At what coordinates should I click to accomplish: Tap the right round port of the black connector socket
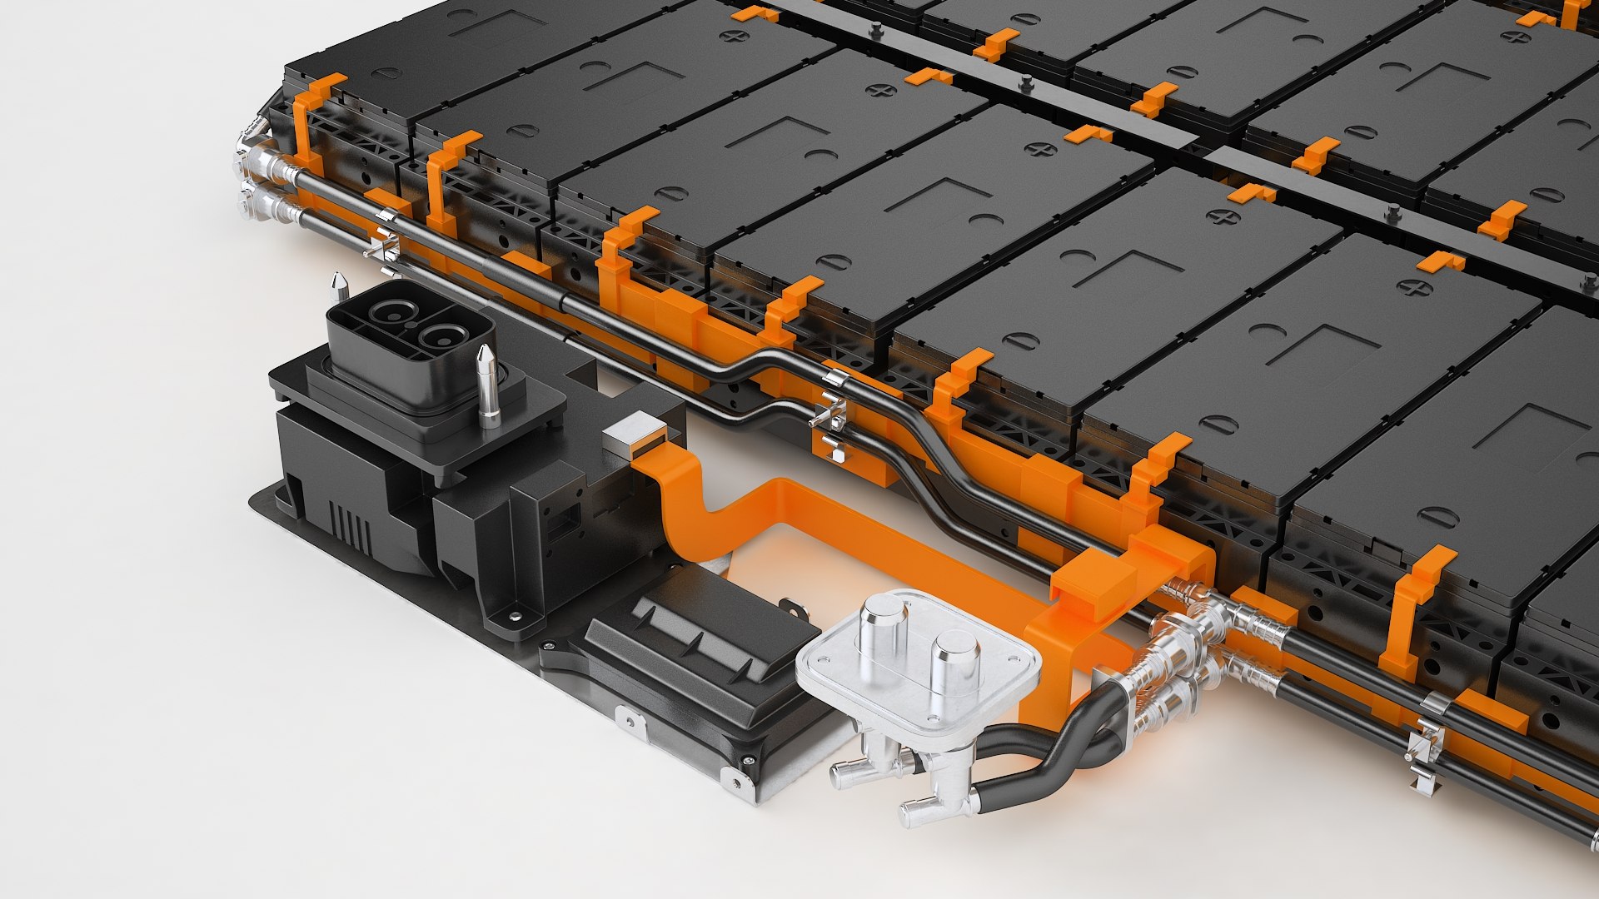coord(439,336)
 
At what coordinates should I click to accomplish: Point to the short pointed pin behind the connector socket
coord(338,286)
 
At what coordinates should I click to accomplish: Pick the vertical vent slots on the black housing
coord(350,528)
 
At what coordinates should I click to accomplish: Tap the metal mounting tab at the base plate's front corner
coord(736,779)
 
